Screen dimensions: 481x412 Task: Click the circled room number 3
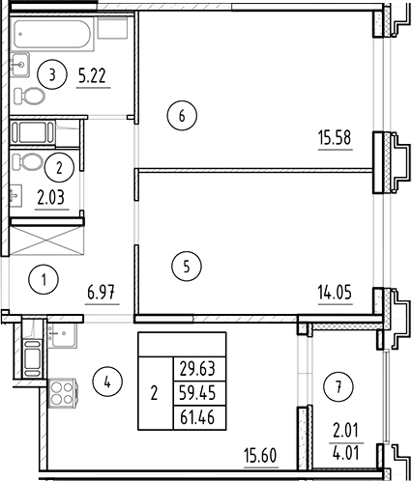coord(56,72)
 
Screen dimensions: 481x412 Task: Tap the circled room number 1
coord(44,282)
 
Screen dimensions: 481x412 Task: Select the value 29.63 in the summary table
coord(198,368)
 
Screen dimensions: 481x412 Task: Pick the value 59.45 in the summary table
coord(198,393)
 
